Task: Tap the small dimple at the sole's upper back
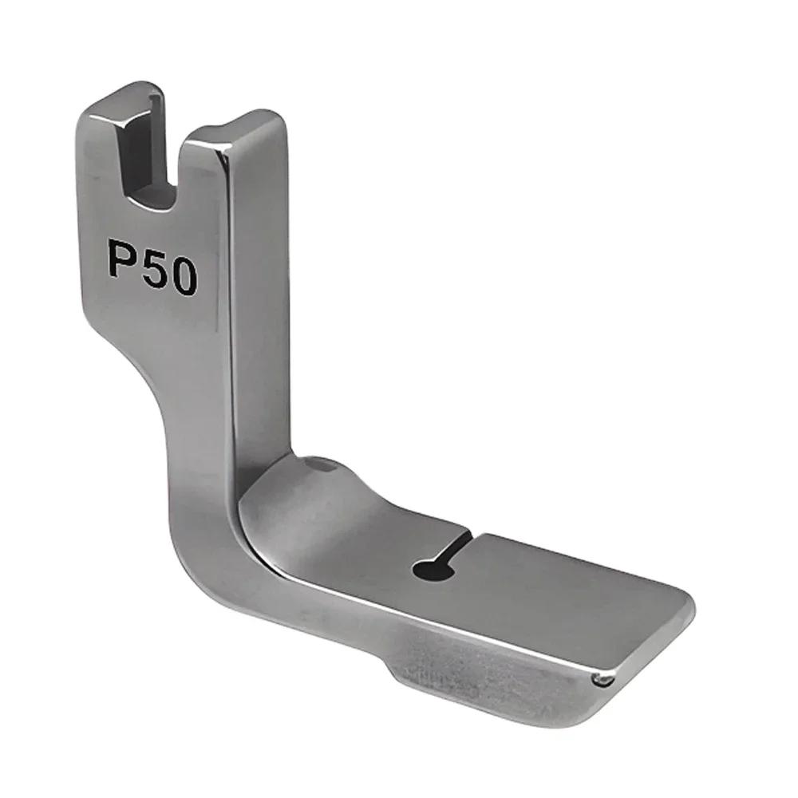click(318, 461)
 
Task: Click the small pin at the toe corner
click(604, 679)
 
